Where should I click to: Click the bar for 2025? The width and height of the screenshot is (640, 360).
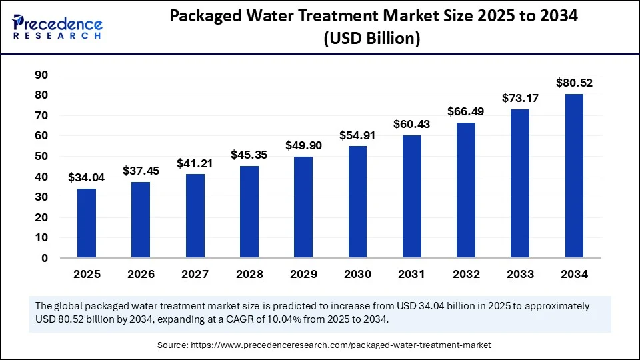point(87,223)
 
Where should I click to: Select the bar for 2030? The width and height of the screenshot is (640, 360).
point(357,201)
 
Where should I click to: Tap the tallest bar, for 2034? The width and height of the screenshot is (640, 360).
point(574,175)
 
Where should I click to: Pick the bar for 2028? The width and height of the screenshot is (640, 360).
point(249,211)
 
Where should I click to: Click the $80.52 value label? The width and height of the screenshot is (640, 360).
point(574,83)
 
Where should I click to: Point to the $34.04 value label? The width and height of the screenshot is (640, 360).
point(87,178)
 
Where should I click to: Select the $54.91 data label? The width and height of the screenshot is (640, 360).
point(357,135)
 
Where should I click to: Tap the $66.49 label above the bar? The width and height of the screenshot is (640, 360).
point(466,111)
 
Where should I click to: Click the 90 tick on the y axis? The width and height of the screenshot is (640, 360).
point(41,75)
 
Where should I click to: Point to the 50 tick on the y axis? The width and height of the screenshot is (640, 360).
point(41,156)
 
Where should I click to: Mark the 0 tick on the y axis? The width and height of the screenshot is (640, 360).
point(45,258)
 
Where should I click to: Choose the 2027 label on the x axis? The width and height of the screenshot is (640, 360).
point(195,274)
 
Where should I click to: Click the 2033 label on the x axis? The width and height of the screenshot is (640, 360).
point(520,274)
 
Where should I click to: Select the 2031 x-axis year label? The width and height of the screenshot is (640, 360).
point(411,274)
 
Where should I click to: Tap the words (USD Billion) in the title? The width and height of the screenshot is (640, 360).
point(372,39)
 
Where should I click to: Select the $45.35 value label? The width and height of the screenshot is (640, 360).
point(249,155)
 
